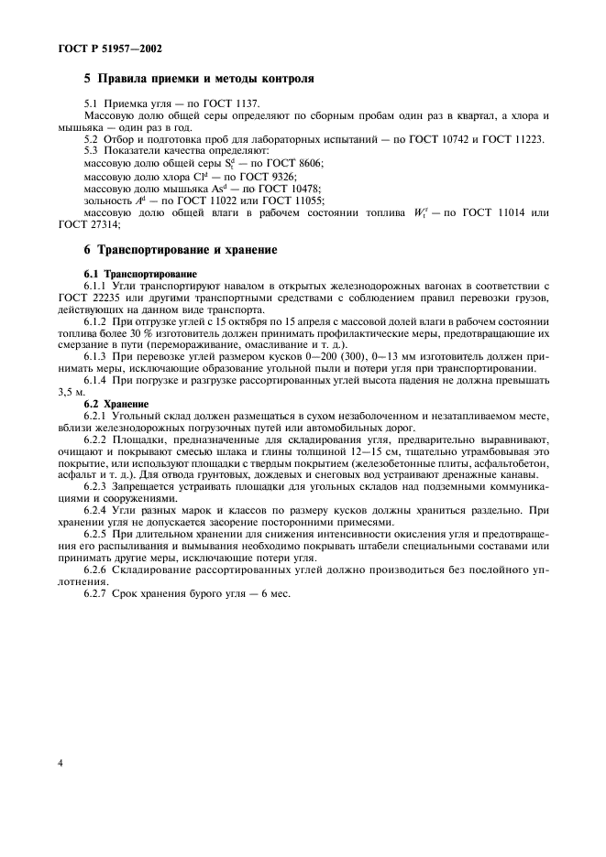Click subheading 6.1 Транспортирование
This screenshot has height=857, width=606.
tap(140, 274)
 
